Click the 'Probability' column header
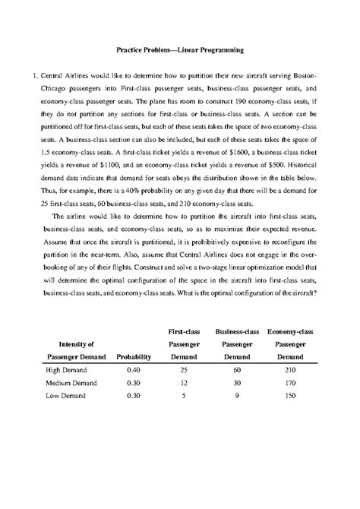[x=133, y=355]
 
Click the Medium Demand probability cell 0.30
[x=133, y=382]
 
